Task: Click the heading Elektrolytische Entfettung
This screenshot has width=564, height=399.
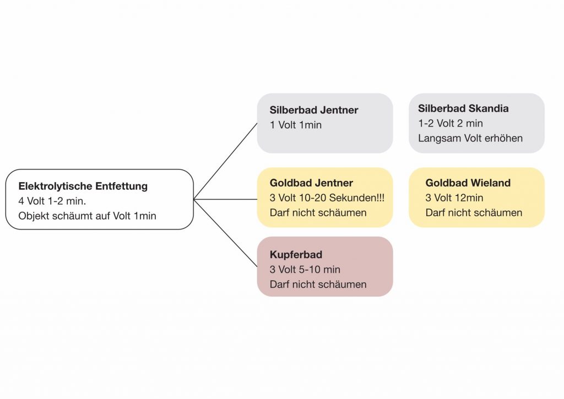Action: pos(83,186)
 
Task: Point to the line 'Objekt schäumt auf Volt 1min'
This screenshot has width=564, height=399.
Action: pos(87,216)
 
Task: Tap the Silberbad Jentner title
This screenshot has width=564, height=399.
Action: pos(314,110)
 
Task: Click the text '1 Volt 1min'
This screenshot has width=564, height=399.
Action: pos(296,125)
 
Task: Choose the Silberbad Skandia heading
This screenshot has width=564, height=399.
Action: pos(463,108)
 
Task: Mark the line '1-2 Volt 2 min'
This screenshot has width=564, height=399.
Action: pos(451,123)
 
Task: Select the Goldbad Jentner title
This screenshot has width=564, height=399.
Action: pos(311,183)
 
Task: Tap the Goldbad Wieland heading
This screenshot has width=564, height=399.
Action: pos(468,183)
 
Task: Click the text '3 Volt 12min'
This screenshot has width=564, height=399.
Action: pos(454,198)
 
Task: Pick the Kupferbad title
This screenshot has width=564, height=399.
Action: pos(296,255)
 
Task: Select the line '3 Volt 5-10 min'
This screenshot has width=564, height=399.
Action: pos(305,270)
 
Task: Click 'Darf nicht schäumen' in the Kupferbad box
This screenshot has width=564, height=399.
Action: pos(318,285)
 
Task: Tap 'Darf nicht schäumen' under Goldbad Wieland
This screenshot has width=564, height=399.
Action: pos(474,212)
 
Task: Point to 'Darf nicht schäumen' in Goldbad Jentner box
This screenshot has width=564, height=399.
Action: pos(318,212)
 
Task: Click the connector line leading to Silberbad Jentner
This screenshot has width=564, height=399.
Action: pos(226,161)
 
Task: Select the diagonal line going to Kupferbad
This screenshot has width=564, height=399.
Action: pos(226,233)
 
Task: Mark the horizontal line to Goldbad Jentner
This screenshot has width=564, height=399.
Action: pos(226,199)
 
